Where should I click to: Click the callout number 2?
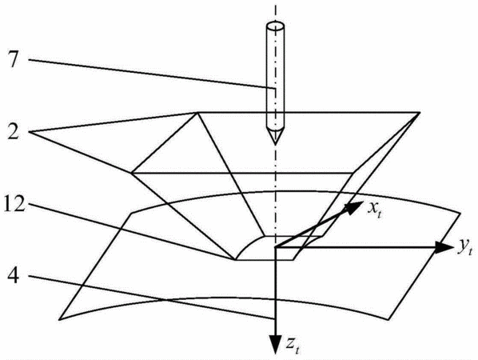[x=14, y=131]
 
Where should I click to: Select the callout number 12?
[x=14, y=203]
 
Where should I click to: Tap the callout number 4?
[x=13, y=277]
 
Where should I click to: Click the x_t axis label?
[x=374, y=209]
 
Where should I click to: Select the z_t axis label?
[x=293, y=345]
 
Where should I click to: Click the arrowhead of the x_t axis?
[x=354, y=207]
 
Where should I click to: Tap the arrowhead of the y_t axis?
[x=444, y=247]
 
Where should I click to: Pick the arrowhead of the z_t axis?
[x=275, y=345]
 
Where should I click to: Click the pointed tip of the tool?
[x=275, y=144]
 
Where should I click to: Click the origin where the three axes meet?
[x=275, y=247]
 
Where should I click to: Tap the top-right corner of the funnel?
[x=420, y=113]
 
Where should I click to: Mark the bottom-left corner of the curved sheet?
[x=59, y=319]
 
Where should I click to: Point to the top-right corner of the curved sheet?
[x=460, y=213]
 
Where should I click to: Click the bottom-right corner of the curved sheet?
[x=388, y=319]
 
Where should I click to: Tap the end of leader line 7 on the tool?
[x=275, y=89]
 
